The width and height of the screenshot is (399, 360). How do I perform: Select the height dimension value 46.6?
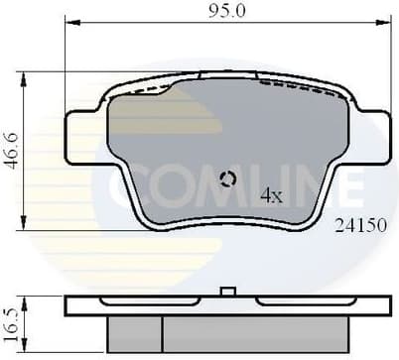(12, 151)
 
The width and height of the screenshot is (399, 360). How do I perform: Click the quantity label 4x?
(271, 195)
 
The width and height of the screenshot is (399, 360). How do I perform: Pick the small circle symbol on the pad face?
(227, 180)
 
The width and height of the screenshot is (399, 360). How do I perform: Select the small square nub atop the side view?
(227, 292)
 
